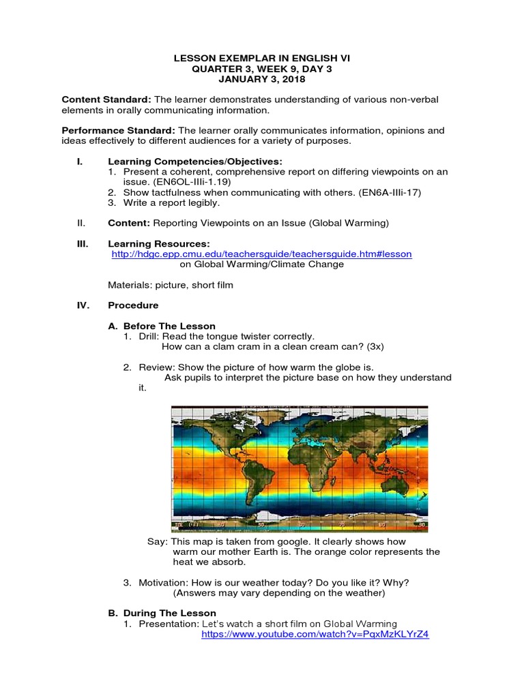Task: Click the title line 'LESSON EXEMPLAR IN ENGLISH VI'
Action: [263, 59]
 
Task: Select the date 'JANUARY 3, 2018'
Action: [263, 80]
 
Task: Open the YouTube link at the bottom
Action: [315, 634]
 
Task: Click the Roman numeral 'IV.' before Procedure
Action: [83, 305]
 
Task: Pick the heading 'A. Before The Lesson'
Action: [162, 326]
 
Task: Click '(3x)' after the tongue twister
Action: [373, 346]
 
